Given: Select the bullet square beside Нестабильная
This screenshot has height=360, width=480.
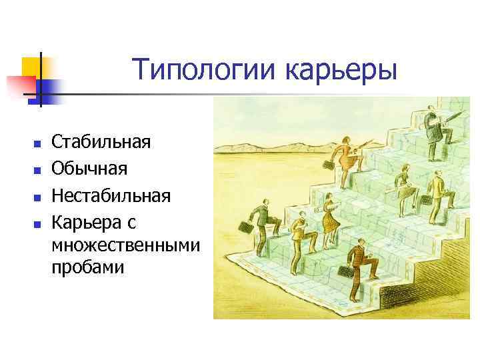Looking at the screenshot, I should pyautogui.click(x=37, y=198).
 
